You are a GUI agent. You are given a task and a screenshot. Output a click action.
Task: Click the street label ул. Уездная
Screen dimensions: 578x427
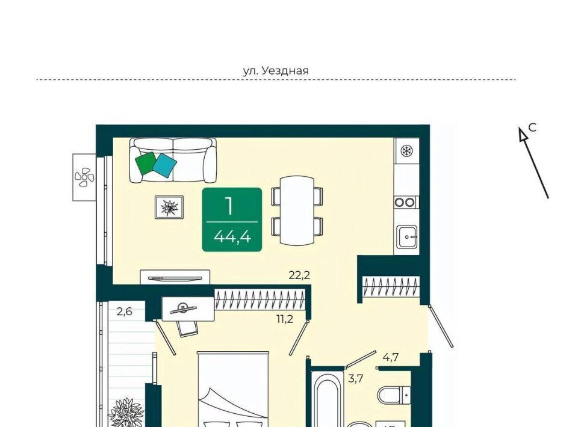click(x=276, y=70)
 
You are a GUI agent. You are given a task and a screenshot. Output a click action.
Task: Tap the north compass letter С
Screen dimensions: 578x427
click(x=532, y=127)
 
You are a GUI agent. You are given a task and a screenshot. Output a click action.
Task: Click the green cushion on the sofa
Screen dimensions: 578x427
click(x=146, y=163)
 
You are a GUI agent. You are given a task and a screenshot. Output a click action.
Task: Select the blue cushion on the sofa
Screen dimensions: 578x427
click(x=164, y=165)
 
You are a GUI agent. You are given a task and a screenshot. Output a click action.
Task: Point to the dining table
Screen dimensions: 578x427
click(x=297, y=210)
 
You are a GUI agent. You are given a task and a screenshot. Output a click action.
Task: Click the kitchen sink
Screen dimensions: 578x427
click(x=407, y=237)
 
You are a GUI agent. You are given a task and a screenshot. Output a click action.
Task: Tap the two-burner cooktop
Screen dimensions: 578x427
click(x=405, y=202)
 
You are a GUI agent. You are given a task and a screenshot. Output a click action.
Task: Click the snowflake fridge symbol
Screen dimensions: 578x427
click(x=406, y=150)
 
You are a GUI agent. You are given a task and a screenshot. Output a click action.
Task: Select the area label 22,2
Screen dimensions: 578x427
click(x=299, y=275)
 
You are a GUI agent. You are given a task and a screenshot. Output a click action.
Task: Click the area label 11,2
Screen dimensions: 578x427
click(x=285, y=319)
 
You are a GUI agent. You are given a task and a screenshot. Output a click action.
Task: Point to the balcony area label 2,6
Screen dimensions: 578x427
click(x=124, y=312)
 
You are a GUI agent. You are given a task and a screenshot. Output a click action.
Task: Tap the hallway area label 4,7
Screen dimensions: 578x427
click(x=390, y=357)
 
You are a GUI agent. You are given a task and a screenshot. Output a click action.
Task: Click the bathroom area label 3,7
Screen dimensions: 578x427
click(x=356, y=378)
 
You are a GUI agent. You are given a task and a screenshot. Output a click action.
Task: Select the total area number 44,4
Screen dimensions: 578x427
click(x=232, y=236)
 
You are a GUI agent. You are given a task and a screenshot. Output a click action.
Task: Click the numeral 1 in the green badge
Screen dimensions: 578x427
click(x=229, y=206)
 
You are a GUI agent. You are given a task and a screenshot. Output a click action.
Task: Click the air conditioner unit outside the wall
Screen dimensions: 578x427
click(x=84, y=177)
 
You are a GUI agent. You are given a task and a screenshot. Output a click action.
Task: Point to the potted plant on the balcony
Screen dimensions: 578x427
click(x=126, y=413)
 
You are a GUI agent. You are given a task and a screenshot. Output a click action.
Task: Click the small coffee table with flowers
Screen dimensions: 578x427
click(x=169, y=207)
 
